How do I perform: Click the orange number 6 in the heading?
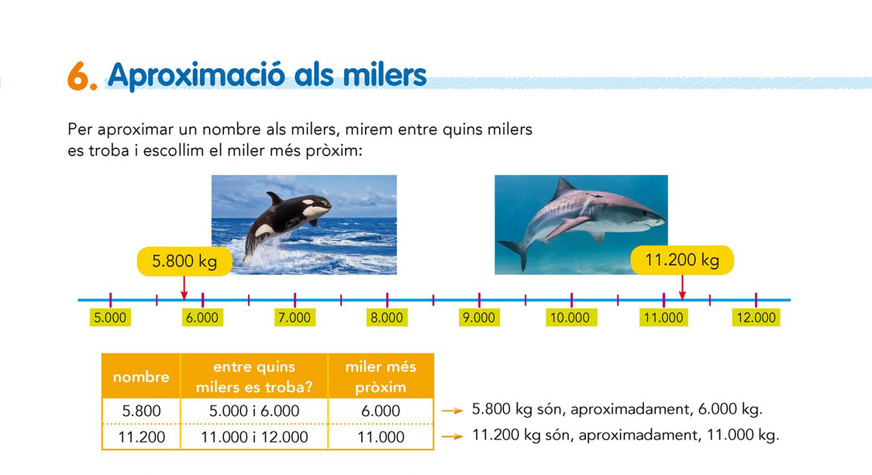tap(78, 76)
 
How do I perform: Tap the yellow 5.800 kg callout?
tap(184, 261)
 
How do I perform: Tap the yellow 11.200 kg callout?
tap(682, 260)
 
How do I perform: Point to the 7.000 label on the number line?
tap(295, 318)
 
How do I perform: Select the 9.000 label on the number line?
tap(479, 318)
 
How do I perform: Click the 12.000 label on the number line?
tap(756, 318)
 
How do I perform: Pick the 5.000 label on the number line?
tap(110, 318)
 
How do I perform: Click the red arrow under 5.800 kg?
tap(184, 287)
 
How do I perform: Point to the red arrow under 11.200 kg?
tap(682, 287)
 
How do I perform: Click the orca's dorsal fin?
tap(274, 198)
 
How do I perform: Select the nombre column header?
tap(141, 377)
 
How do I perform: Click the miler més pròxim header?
tap(381, 377)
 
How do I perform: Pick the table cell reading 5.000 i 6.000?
tap(254, 411)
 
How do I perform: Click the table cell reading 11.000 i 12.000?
tap(254, 437)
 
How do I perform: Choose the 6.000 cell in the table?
tap(381, 411)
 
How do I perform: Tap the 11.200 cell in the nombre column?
tap(141, 437)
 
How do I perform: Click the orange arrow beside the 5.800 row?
tap(452, 411)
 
